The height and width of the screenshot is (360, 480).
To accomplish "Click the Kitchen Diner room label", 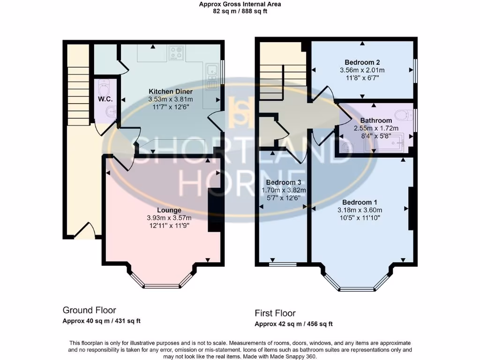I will point(170,91).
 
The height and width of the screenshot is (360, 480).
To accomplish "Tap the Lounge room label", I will point(169,210).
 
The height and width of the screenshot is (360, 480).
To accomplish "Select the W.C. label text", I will point(104,99).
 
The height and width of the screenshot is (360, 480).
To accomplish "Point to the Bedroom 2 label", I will point(362,62).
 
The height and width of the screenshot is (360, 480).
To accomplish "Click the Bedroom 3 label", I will point(284,182).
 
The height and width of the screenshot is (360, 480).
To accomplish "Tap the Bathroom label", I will point(376,120).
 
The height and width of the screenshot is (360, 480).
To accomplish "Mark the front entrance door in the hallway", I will point(84,232).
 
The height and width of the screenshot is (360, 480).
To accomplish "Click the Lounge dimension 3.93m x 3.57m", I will point(169,218).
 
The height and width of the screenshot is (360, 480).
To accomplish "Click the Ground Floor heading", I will point(89,310).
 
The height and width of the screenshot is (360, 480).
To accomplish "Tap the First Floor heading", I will point(275,313).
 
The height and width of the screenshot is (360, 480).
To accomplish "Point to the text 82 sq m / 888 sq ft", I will point(240,11).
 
